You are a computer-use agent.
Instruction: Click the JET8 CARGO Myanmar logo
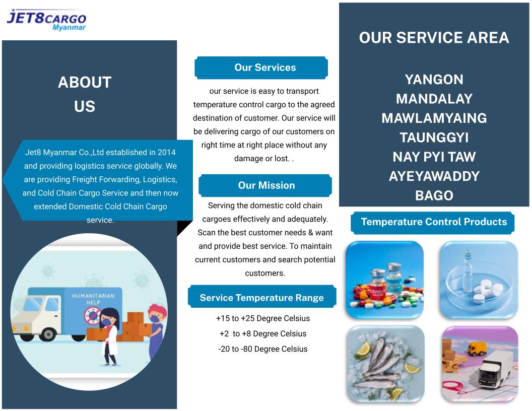click(46, 20)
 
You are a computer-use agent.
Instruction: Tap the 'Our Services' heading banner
click(261, 68)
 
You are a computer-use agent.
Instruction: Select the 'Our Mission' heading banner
click(265, 185)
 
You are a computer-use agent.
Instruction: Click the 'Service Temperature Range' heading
click(262, 297)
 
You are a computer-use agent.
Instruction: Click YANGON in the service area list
click(434, 80)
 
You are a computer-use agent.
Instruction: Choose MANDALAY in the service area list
click(434, 99)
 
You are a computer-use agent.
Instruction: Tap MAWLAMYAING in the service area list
click(434, 118)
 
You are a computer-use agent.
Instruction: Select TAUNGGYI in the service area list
click(434, 138)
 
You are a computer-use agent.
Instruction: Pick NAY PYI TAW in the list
click(434, 157)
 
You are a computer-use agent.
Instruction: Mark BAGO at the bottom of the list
click(434, 195)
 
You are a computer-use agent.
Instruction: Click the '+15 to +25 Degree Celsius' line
click(263, 318)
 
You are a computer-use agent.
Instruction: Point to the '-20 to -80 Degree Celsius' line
click(263, 349)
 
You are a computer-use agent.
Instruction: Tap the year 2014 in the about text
click(167, 152)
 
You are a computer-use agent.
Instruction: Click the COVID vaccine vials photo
click(385, 280)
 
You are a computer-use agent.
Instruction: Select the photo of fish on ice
click(385, 364)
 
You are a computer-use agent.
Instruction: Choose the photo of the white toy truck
click(480, 364)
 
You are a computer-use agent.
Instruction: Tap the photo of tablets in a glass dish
click(479, 280)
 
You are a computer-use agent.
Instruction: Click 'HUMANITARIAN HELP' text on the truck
click(93, 299)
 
